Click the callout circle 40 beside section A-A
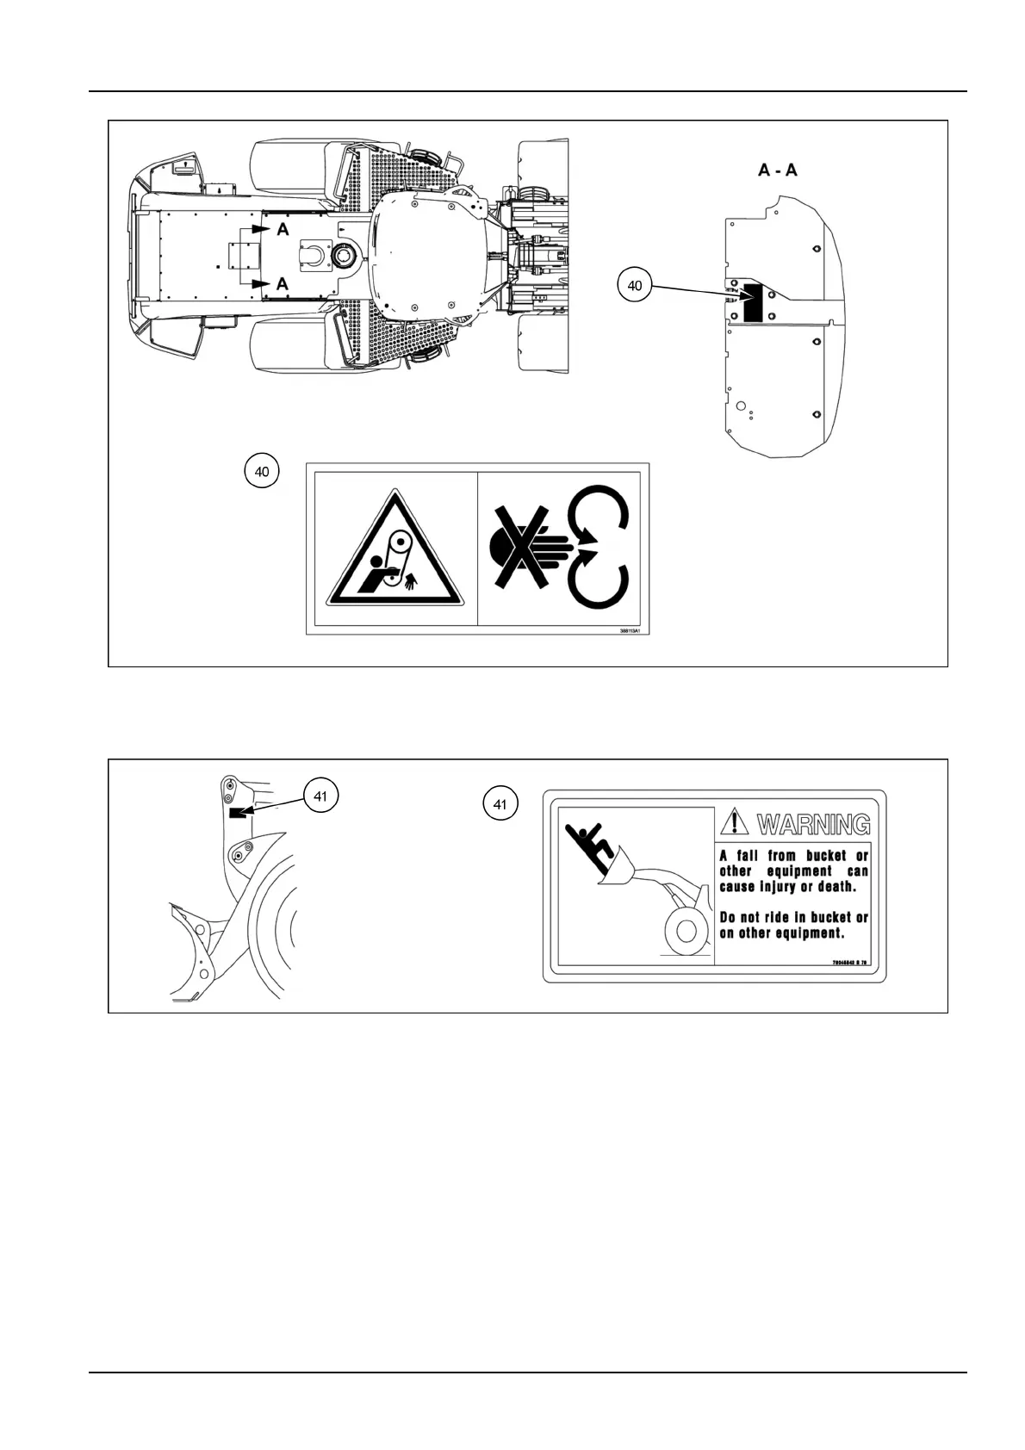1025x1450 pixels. pos(634,286)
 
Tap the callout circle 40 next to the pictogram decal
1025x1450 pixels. pos(262,471)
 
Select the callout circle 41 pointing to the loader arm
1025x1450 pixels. pos(320,796)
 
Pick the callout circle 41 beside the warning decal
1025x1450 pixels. pos(500,805)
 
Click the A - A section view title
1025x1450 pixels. pos(777,170)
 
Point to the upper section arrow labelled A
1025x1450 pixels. pos(267,230)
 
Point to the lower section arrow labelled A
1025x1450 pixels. pos(267,283)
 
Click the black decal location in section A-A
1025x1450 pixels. pos(753,303)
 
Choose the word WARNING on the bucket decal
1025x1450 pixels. pos(813,824)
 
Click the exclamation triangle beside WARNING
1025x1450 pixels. pos(735,822)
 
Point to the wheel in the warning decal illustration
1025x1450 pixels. pos(686,929)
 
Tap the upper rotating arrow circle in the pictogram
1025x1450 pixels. pos(601,516)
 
